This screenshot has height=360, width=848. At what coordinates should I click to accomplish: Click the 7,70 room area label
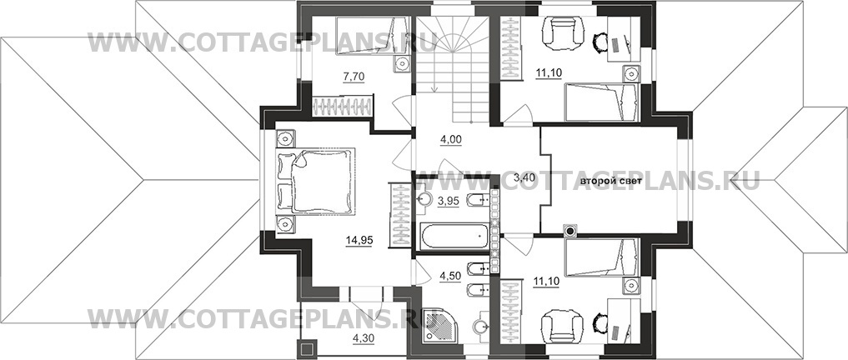tap(354, 77)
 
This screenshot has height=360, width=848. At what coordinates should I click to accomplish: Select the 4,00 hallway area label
tap(450, 139)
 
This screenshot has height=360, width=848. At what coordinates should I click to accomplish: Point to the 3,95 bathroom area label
tap(449, 201)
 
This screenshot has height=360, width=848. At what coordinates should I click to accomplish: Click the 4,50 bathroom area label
tap(450, 275)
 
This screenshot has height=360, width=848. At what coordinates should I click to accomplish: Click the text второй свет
tap(611, 182)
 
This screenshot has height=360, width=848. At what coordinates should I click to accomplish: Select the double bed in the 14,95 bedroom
tap(316, 182)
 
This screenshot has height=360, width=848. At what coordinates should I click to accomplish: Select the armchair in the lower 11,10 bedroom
tap(563, 326)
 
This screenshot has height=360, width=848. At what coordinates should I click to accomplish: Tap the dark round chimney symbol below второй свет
tap(570, 232)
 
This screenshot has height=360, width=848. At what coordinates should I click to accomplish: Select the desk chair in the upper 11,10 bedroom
tap(600, 42)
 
